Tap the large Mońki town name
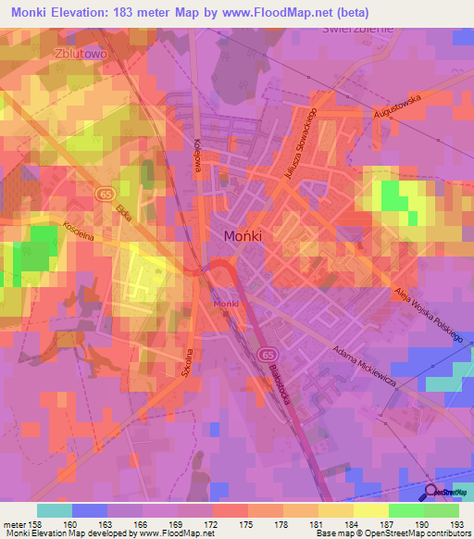(x=243, y=236)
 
